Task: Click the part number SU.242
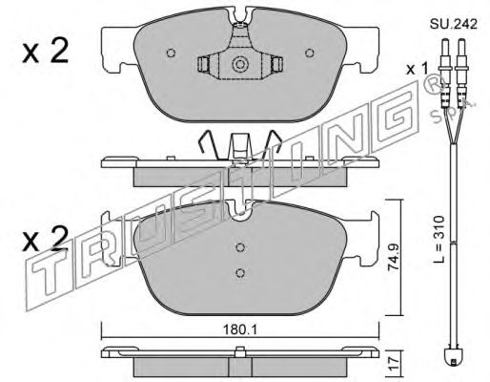coord(454,24)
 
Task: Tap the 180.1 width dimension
coord(240,330)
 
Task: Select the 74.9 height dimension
coord(395,257)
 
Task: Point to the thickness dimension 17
coord(394,363)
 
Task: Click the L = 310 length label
coord(439,240)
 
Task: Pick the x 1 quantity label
coord(418,69)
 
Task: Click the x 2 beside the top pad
coord(46,51)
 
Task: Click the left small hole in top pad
coord(171,53)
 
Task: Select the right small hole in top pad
coord(310,53)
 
